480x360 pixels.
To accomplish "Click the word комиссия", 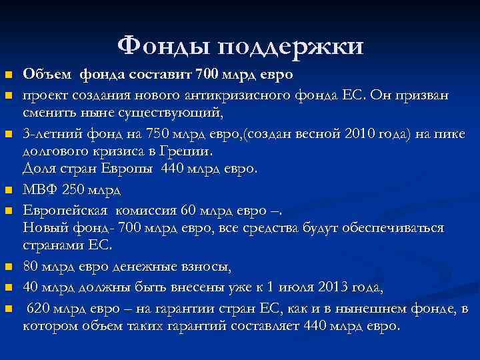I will click(144, 211).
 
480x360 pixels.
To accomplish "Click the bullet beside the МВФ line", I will click(8, 191).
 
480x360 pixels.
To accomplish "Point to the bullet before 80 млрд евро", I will click(8, 267).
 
